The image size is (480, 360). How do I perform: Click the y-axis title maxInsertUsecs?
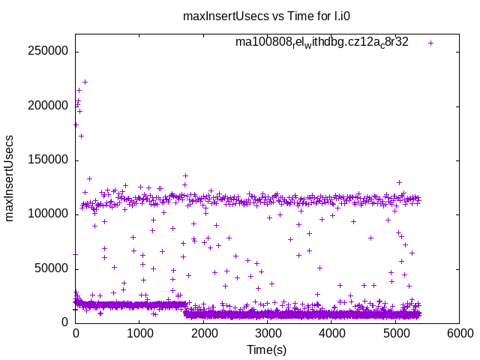10,178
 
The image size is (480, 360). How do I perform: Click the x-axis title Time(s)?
267,349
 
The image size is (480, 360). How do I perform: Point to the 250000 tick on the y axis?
48,52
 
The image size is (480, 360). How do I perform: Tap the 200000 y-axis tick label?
48,106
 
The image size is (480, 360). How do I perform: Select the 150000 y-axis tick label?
48,160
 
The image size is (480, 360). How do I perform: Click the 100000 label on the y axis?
48,214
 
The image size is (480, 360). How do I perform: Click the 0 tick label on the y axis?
66,322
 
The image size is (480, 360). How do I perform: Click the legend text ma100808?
322,42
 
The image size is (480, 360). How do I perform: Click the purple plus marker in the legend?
430,43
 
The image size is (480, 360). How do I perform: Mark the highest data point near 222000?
85,82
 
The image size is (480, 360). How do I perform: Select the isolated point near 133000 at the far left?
89,178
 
